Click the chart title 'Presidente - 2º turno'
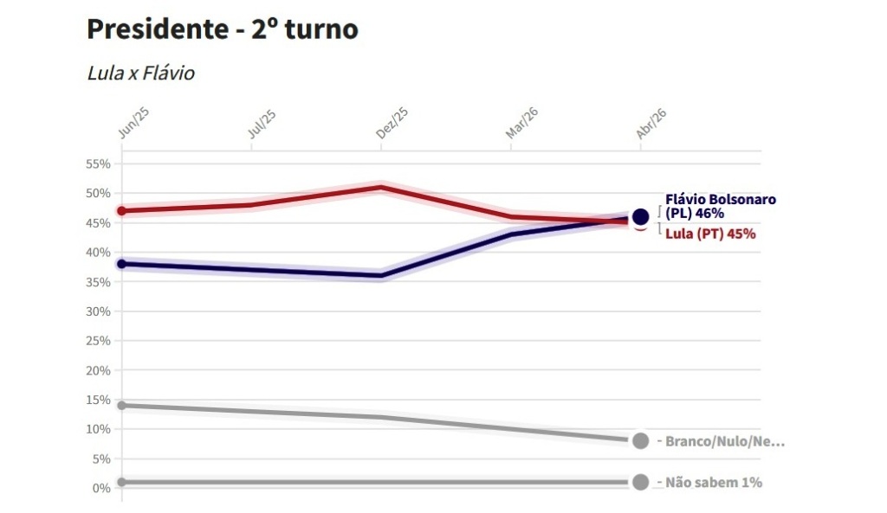(223, 29)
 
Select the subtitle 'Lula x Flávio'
(141, 73)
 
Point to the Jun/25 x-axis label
(128, 125)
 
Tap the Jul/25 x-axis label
(262, 125)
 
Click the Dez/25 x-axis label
(392, 125)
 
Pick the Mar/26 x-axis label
(522, 125)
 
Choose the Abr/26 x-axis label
(651, 125)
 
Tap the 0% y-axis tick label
(102, 488)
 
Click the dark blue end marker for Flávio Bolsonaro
(641, 216)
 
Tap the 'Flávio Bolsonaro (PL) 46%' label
(721, 206)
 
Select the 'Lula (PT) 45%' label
(710, 234)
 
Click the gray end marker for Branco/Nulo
(641, 440)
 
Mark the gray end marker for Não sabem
(641, 482)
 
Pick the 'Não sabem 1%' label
(714, 483)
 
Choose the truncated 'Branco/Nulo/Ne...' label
(724, 441)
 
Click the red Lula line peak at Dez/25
(381, 187)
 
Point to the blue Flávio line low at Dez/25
(381, 276)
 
